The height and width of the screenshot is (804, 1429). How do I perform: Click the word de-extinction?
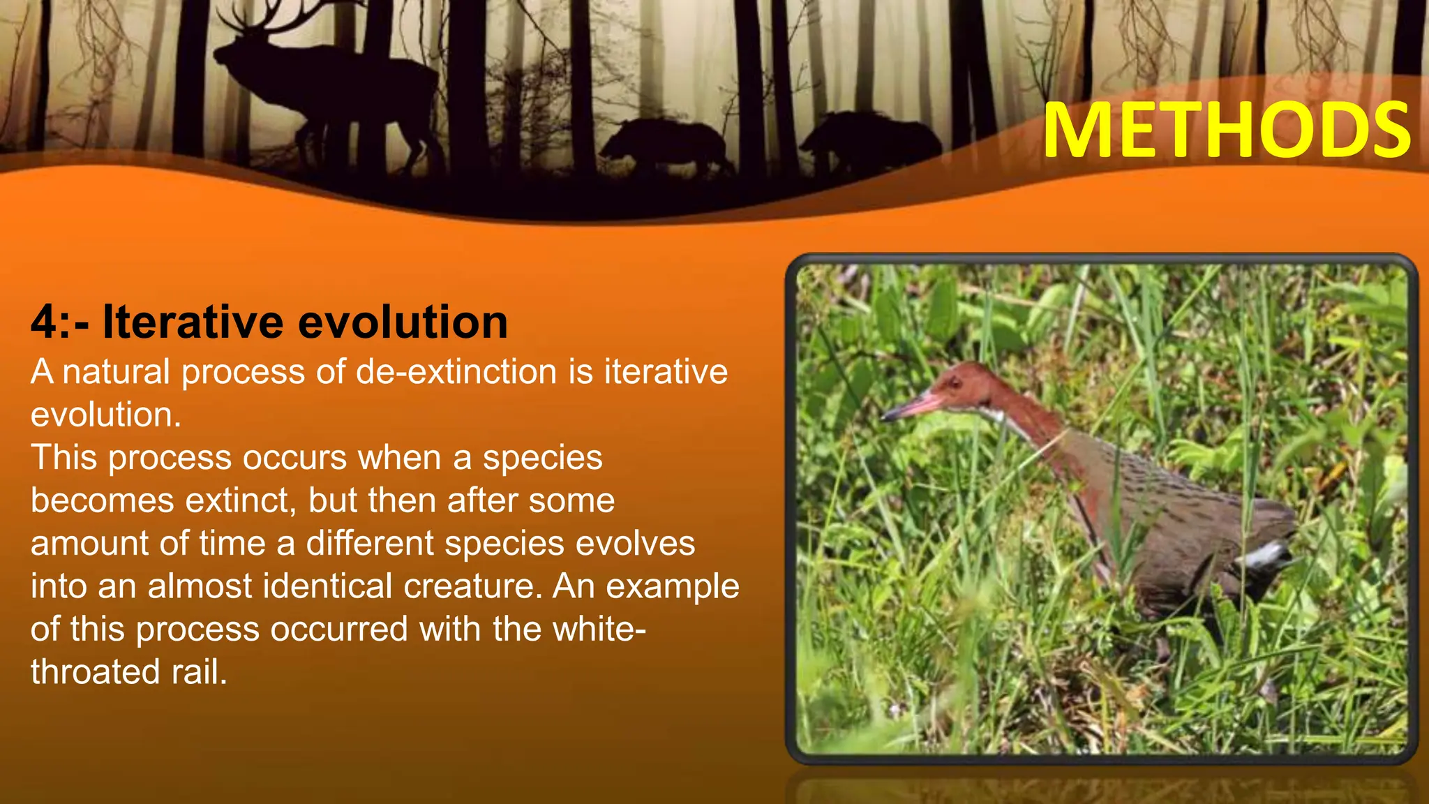[456, 372]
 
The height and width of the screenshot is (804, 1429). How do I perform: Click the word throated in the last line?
[95, 672]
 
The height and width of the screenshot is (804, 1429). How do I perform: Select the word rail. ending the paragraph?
[200, 672]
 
